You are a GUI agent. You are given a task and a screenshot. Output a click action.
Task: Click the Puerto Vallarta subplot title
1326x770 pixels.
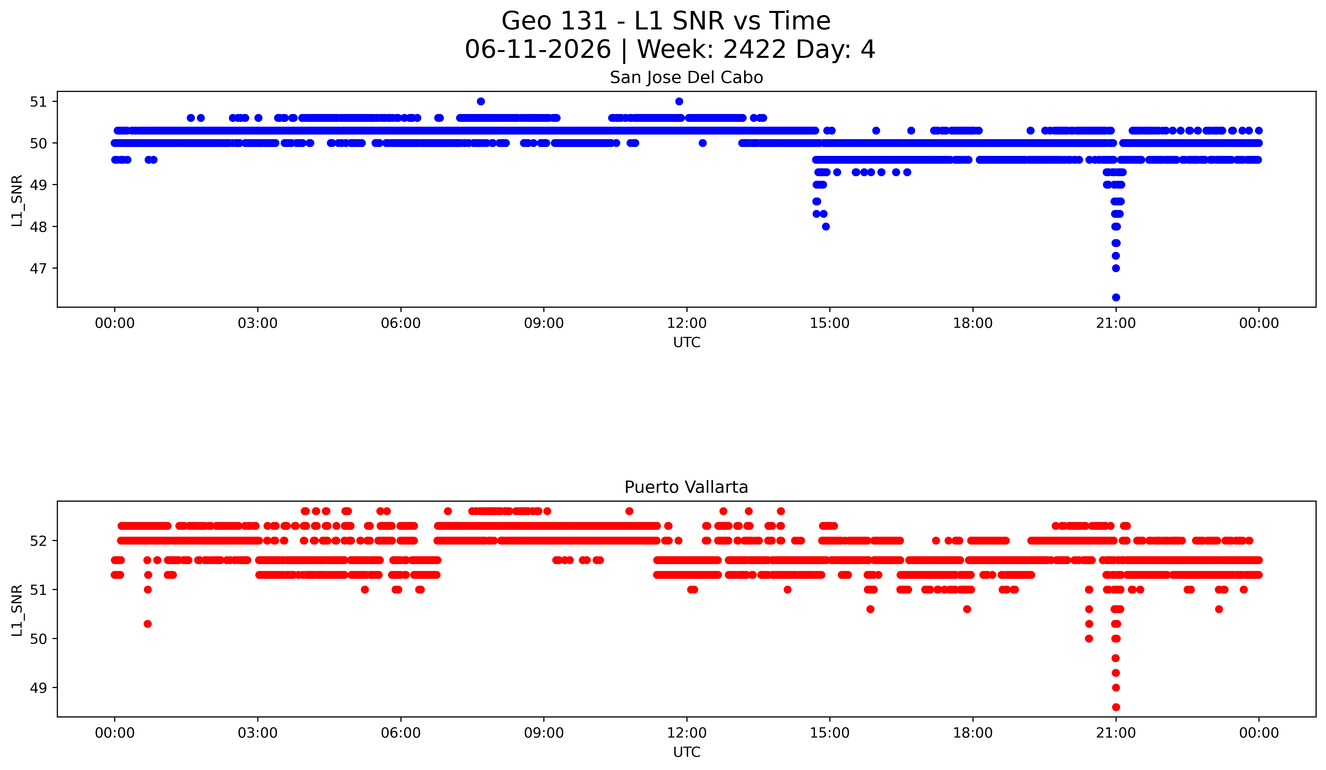686,487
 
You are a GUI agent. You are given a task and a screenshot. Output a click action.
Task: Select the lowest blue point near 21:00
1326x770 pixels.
1116,297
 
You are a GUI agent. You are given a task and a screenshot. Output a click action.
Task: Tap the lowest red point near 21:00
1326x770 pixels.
1116,707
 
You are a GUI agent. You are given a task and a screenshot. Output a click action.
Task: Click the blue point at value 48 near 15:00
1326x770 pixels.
826,226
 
